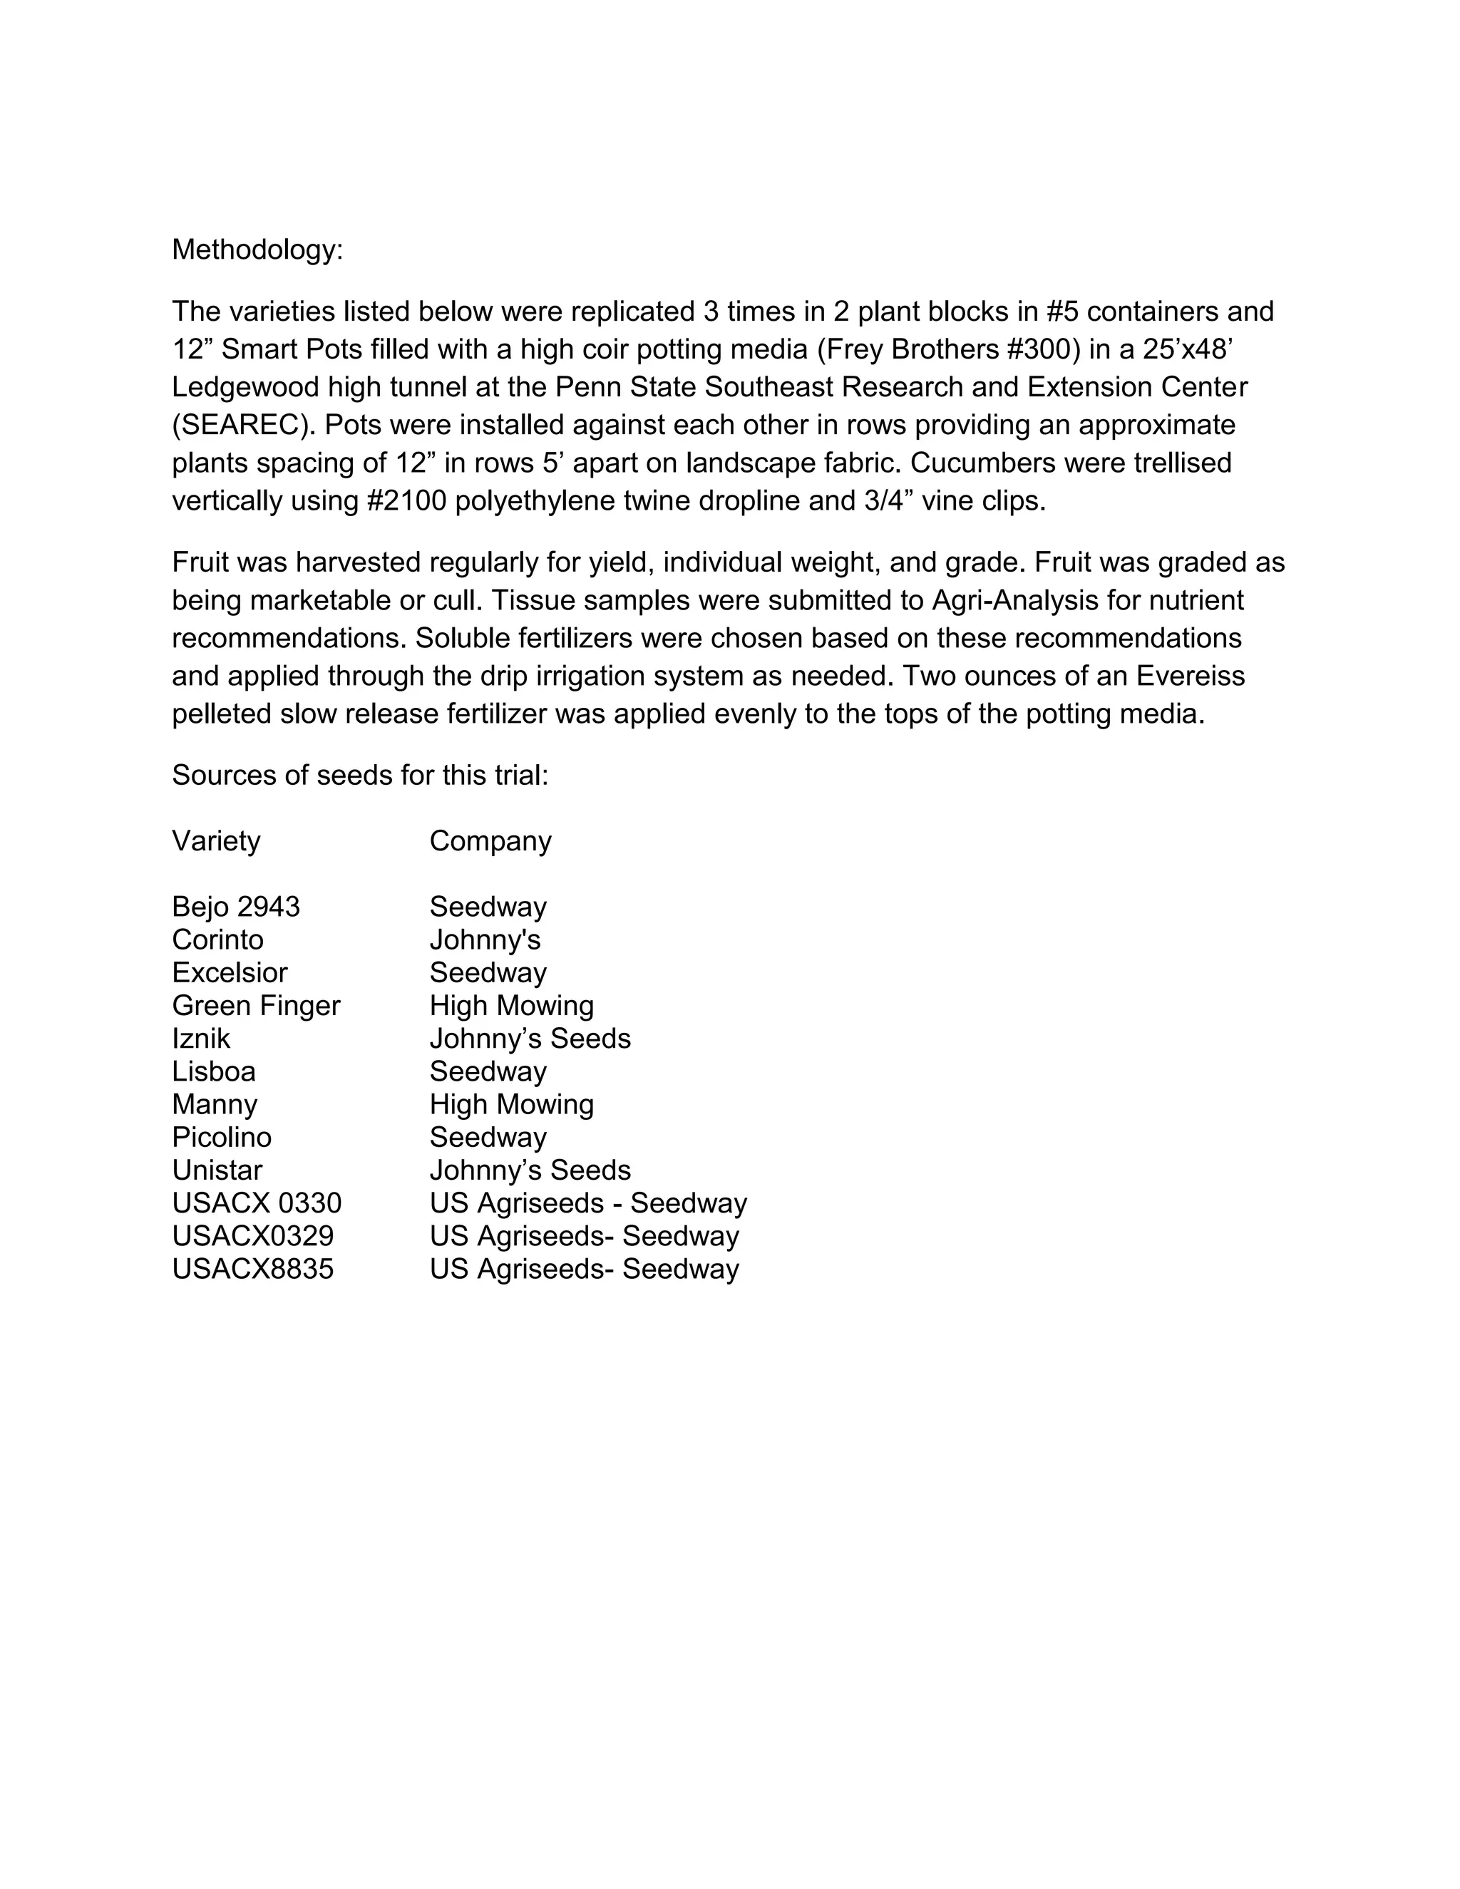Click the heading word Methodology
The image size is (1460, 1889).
(x=257, y=250)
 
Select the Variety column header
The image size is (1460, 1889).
(x=215, y=840)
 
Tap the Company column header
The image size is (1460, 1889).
(x=490, y=840)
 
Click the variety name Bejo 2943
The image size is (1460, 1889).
(x=235, y=907)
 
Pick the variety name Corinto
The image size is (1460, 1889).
(x=217, y=940)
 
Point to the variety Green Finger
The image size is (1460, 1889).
(x=256, y=1005)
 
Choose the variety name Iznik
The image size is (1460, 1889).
(x=200, y=1038)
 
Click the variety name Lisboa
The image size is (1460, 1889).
(x=214, y=1071)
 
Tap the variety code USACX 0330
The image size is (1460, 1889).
(x=256, y=1203)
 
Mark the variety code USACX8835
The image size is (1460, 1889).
(x=252, y=1269)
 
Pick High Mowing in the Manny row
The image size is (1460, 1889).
(x=511, y=1104)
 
